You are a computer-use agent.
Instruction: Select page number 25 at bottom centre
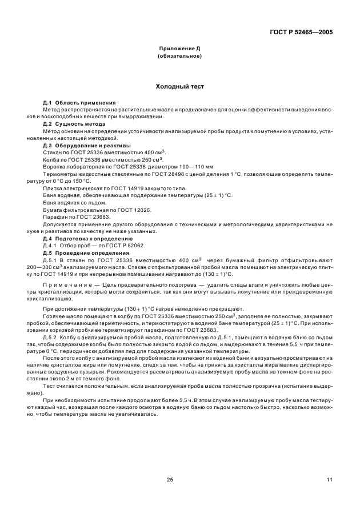point(170,480)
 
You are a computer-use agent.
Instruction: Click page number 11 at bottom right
point(329,480)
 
